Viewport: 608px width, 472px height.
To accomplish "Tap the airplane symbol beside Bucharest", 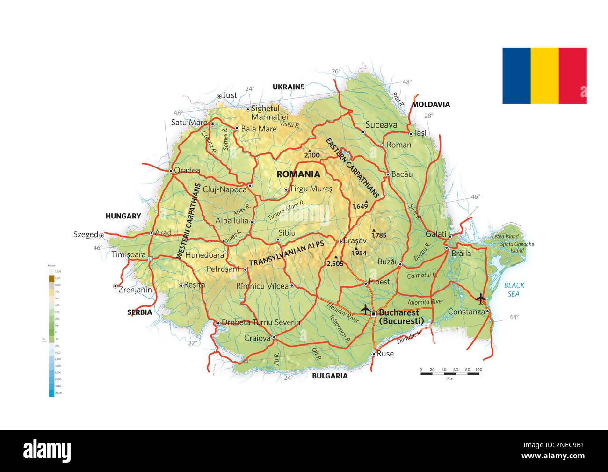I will [x=365, y=309].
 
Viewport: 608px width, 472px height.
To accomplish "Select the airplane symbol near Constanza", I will [x=480, y=298].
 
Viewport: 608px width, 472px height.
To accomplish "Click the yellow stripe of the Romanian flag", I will [x=544, y=76].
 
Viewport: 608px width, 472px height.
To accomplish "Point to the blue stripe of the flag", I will [x=516, y=76].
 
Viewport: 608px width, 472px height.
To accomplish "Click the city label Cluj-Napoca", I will [x=224, y=190].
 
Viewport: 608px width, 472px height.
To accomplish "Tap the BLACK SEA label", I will [x=514, y=290].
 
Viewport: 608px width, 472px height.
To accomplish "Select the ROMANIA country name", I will [x=298, y=174].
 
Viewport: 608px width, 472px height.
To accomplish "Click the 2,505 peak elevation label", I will [x=335, y=264].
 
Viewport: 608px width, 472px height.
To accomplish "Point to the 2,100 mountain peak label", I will [x=311, y=155].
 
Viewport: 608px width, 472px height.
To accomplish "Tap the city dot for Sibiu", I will [x=278, y=240].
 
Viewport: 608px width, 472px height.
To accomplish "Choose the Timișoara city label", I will [x=129, y=254].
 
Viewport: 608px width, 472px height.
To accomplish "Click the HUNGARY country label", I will [x=123, y=216].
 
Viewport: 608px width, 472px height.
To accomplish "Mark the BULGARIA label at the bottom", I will [x=330, y=376].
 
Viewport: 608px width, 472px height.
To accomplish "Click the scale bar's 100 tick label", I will [x=478, y=370].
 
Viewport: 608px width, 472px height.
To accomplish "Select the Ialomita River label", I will [x=425, y=302].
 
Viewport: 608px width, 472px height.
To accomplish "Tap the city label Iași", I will [x=420, y=133].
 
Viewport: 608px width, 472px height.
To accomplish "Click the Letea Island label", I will [x=506, y=237].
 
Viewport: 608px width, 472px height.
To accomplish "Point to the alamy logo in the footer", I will [x=47, y=451].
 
